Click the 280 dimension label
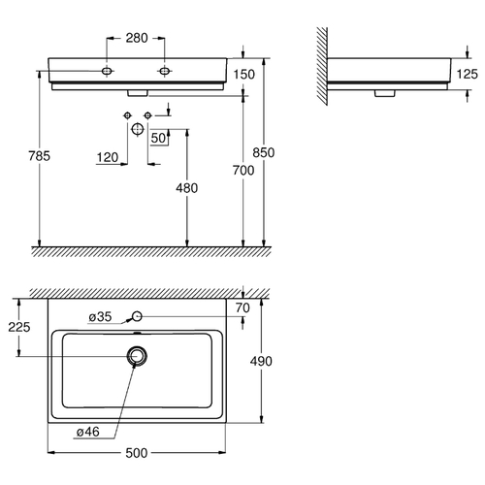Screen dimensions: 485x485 point(137,38)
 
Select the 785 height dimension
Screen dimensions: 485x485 point(40,156)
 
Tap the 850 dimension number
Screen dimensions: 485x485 point(264,152)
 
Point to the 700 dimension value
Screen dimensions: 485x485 point(243,170)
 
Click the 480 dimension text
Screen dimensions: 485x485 point(187,188)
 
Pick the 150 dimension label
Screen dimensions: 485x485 point(244,75)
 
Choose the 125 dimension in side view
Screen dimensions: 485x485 point(468,74)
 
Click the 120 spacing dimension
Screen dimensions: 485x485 point(108,157)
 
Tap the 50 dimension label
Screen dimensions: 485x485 point(158,138)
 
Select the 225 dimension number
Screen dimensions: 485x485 point(19,327)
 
